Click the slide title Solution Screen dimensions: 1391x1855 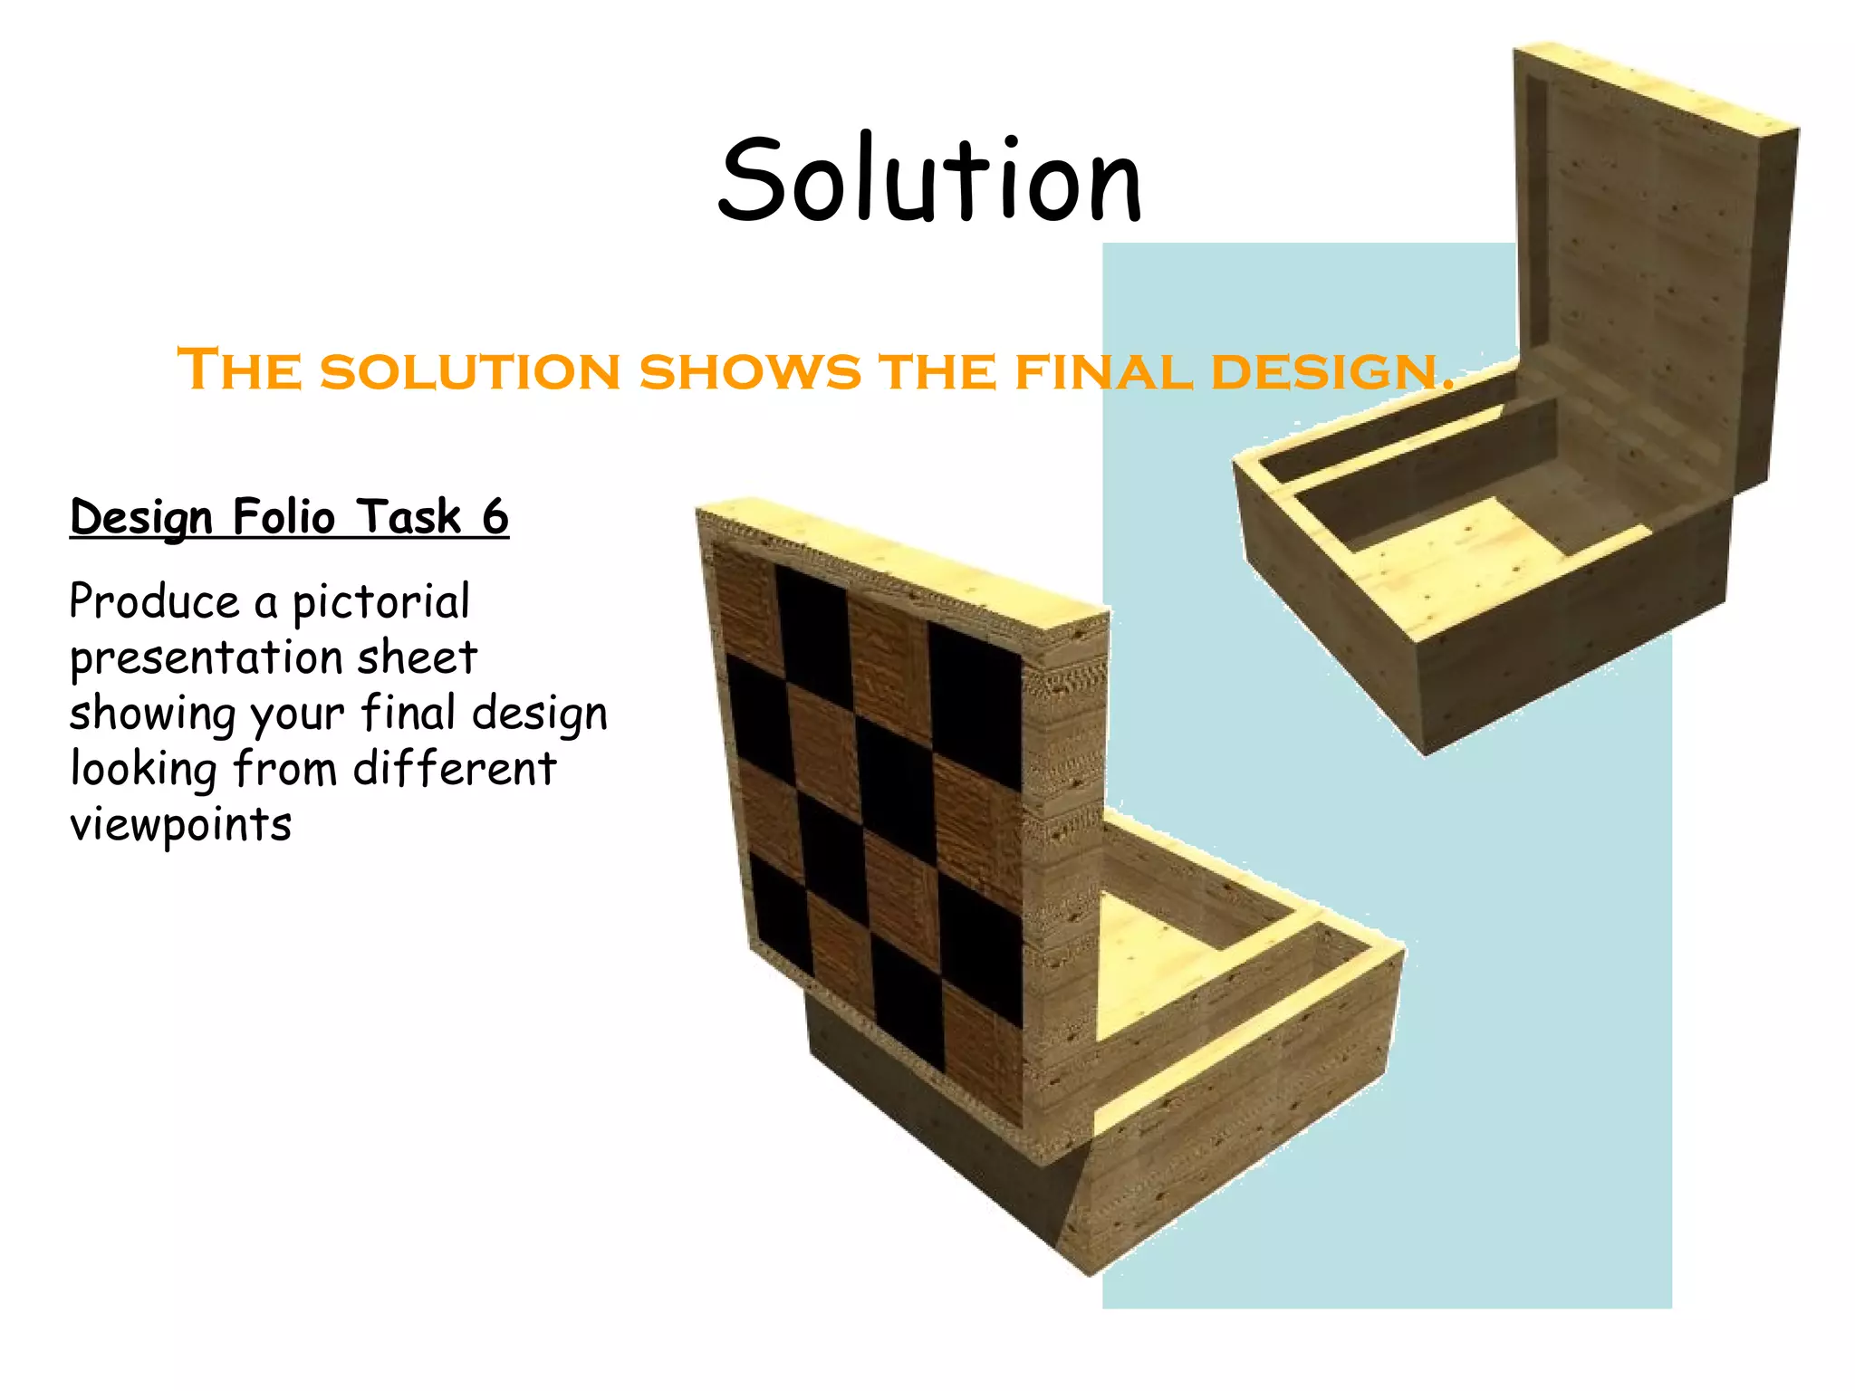tap(929, 180)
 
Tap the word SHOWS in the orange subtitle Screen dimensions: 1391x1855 tap(750, 372)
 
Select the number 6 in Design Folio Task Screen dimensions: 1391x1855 tap(495, 517)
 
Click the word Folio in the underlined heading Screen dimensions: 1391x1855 tap(284, 517)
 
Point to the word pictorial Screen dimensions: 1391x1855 tap(381, 603)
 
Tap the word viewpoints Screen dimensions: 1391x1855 tap(180, 825)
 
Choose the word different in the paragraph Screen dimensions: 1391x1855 tap(454, 770)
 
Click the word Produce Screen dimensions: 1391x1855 tap(154, 603)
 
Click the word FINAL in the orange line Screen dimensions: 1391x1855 tap(1104, 372)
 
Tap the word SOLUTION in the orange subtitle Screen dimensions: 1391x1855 tap(470, 372)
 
